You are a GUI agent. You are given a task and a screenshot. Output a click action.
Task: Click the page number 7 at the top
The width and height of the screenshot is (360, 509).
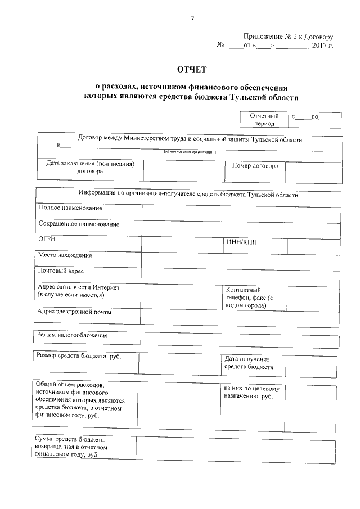(x=192, y=19)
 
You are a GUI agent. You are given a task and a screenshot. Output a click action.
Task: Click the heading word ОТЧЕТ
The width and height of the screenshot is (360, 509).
(x=192, y=70)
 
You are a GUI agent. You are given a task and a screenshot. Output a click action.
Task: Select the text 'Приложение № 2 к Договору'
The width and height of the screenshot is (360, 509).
(x=289, y=36)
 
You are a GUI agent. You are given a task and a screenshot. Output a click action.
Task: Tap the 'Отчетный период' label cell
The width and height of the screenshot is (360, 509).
(x=264, y=120)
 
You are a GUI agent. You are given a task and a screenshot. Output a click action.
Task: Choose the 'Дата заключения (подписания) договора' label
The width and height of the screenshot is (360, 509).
(x=90, y=168)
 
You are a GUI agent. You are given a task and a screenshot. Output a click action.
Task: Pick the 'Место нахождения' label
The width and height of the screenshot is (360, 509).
(x=65, y=255)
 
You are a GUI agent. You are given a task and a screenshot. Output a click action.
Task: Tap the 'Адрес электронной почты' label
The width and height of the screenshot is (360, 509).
(x=74, y=312)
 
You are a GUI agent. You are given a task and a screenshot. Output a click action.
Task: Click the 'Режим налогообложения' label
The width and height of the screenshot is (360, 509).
(x=73, y=335)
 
